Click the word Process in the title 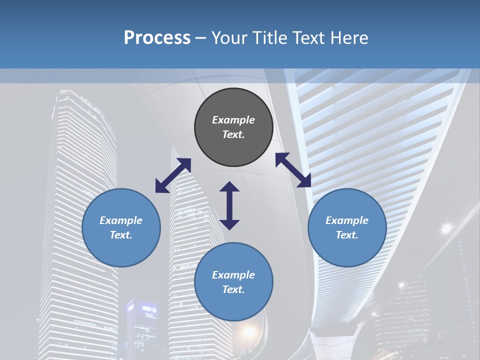click(157, 38)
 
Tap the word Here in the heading click(348, 38)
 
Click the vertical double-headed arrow click(229, 205)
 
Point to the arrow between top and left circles click(173, 175)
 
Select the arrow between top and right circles click(293, 170)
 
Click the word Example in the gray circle click(233, 120)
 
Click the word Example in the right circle click(347, 220)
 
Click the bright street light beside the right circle click(446, 228)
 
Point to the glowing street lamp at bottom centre click(248, 332)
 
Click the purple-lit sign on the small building click(149, 310)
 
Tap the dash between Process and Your click(200, 38)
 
